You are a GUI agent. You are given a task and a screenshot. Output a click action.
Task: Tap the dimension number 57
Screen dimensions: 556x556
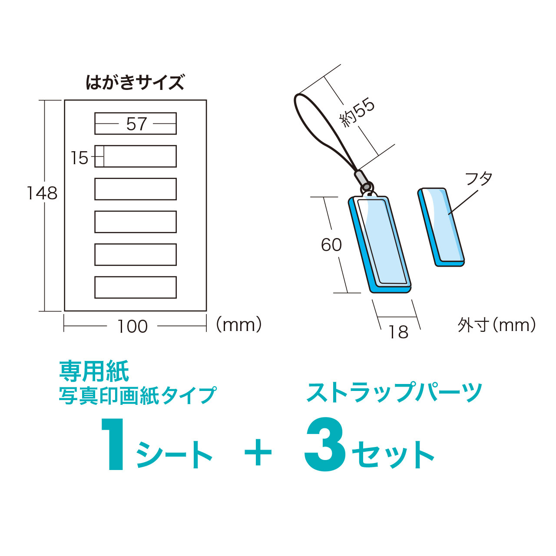coord(136,124)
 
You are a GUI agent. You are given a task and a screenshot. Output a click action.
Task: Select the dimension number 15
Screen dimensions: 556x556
coord(79,158)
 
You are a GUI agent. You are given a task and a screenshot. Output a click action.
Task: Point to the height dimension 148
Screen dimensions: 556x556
coord(42,193)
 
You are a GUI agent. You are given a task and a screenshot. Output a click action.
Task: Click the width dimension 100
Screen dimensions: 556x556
coord(133,327)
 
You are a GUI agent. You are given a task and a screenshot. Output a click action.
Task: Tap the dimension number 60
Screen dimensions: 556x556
coord(331,245)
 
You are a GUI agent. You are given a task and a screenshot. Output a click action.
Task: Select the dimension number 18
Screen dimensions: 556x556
coord(398,332)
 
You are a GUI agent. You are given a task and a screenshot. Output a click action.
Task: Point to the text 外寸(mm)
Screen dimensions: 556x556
coord(496,325)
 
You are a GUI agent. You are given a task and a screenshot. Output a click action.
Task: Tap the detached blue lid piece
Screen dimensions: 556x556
coord(440,227)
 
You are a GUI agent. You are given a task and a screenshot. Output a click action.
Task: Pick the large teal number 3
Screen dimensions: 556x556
coord(325,445)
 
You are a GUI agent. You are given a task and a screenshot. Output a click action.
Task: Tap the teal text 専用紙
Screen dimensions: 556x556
coord(94,372)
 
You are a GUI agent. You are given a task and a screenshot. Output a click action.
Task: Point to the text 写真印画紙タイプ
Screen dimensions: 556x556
coord(138,395)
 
